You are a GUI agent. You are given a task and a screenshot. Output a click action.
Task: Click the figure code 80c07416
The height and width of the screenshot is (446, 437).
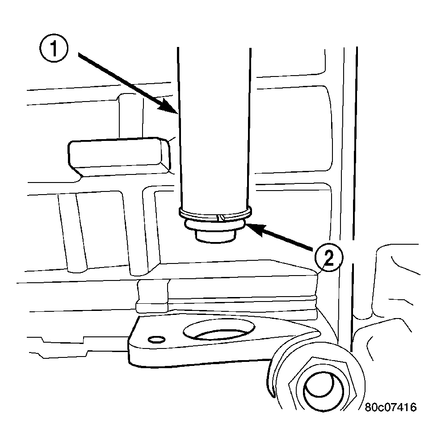click(390, 408)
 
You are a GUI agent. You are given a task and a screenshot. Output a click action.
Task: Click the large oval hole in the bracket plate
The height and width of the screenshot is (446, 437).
click(219, 331)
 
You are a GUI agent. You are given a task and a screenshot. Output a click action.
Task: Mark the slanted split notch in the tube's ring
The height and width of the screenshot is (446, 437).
click(220, 217)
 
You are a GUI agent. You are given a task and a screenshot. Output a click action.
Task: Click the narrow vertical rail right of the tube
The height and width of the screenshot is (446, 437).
click(349, 179)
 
